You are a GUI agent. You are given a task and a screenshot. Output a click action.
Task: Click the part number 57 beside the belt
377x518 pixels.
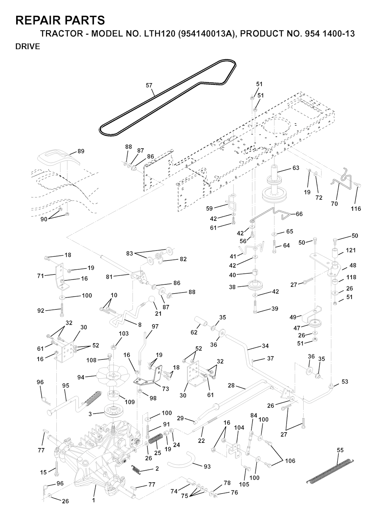(x=149, y=85)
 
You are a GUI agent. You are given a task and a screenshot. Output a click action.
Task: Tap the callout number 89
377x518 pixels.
(x=81, y=151)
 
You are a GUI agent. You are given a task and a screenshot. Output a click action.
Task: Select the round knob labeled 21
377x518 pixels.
(x=152, y=300)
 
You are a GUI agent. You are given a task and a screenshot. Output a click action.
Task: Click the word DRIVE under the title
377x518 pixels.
(x=28, y=46)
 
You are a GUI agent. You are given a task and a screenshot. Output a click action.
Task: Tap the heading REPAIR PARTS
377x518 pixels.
(x=60, y=20)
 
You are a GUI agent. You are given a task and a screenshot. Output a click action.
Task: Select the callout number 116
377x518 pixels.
(x=356, y=209)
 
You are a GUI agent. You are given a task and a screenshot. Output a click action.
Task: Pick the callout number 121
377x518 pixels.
(x=350, y=250)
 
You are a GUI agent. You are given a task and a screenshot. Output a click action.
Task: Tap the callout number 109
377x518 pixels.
(x=130, y=402)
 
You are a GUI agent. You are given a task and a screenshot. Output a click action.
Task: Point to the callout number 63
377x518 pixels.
(x=296, y=168)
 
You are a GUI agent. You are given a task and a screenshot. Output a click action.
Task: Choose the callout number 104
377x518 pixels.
(x=239, y=427)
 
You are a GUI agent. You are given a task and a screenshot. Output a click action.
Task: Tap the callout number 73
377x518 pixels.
(x=165, y=389)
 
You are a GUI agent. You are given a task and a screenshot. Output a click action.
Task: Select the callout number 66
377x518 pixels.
(x=299, y=214)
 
